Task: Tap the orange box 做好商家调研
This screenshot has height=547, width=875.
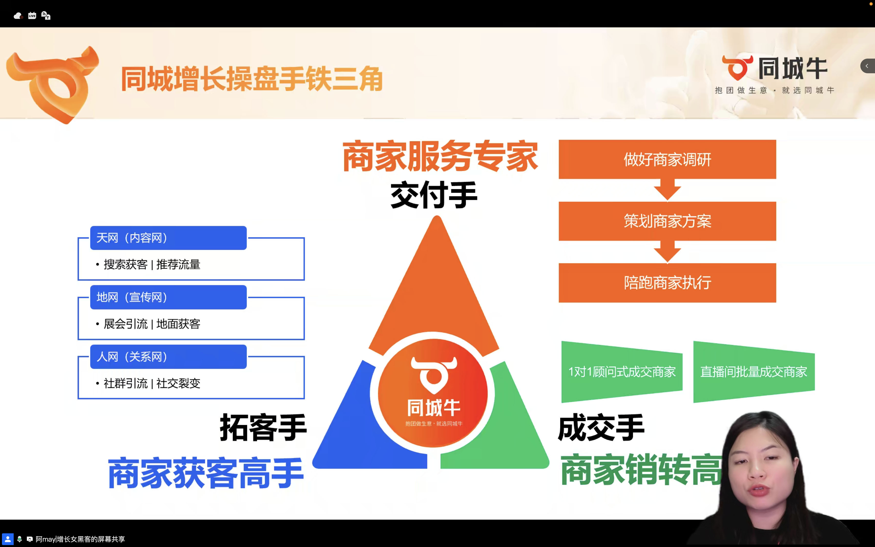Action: point(667,159)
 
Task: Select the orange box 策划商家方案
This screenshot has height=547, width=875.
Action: point(667,221)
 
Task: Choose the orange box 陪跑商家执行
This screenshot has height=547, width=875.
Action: point(667,283)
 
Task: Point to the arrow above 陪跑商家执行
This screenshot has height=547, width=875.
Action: point(667,252)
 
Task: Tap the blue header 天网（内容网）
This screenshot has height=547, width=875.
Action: point(168,238)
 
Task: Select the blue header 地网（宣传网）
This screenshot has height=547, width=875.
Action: point(168,297)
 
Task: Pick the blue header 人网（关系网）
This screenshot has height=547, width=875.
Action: point(168,357)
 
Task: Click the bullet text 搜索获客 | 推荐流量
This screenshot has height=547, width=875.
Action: point(152,264)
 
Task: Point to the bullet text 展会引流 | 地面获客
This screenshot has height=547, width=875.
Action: point(152,324)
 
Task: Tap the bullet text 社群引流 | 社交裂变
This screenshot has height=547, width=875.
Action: point(152,383)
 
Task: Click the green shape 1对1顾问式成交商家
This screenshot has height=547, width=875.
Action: point(622,371)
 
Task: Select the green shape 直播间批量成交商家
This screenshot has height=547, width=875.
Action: point(754,371)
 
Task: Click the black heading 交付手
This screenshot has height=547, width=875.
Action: point(434,195)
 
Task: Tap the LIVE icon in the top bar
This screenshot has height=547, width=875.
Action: point(32,16)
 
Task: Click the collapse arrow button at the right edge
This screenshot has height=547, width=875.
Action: point(867,66)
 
